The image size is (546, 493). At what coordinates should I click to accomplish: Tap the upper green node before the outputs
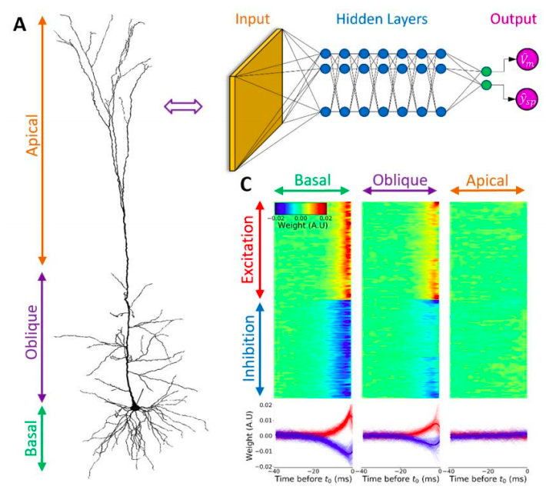[x=485, y=72]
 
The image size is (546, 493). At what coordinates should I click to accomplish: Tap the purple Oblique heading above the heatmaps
[x=399, y=181]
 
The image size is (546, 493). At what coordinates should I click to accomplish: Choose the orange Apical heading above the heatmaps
[x=488, y=181]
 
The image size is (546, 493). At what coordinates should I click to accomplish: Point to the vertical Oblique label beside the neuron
[x=32, y=331]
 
